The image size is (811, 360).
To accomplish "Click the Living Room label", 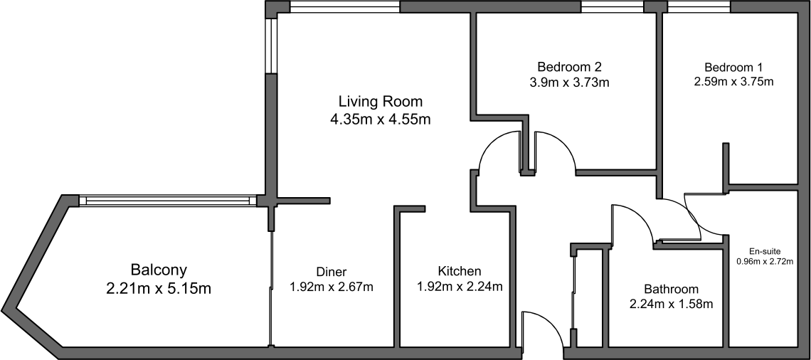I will (x=380, y=101).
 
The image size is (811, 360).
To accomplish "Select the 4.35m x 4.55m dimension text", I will (x=380, y=119).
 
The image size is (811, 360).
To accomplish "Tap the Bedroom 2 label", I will (x=570, y=67).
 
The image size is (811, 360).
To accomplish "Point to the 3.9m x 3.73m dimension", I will (x=570, y=82).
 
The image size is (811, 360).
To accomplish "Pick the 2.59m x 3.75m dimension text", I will (x=733, y=81).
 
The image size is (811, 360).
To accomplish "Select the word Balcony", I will (x=159, y=270).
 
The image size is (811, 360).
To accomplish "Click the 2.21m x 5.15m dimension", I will (x=159, y=288).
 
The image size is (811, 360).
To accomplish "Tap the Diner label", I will (x=331, y=272).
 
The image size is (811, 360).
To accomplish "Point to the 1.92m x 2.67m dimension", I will (x=331, y=287).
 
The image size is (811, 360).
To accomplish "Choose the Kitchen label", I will (x=460, y=271).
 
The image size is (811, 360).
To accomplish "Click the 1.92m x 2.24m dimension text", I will (x=460, y=287).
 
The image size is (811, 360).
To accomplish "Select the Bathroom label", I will (x=671, y=290).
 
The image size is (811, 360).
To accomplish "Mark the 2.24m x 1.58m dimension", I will (x=671, y=305).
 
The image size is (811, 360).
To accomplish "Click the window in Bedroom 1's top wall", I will (x=699, y=7).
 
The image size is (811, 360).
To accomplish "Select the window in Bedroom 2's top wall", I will (x=613, y=7).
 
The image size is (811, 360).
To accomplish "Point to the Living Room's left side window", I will (x=270, y=44).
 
